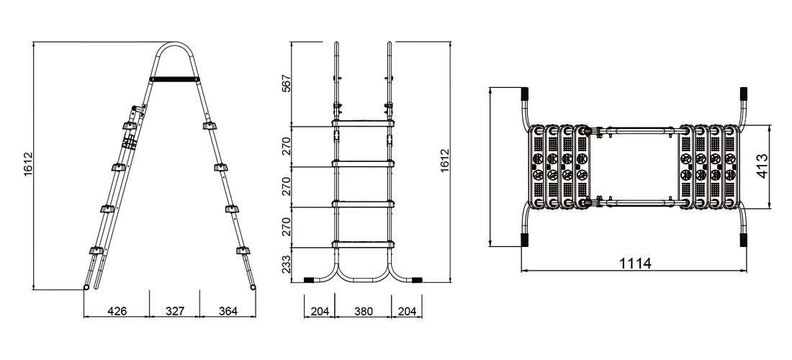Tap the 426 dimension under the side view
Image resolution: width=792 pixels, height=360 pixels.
click(117, 311)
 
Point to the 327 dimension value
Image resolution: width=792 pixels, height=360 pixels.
click(174, 311)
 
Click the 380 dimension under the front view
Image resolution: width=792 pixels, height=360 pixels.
click(364, 311)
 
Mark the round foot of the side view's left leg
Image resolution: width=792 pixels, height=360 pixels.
click(86, 288)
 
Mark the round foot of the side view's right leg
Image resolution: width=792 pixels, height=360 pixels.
click(253, 288)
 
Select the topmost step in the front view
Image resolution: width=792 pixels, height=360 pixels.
click(363, 124)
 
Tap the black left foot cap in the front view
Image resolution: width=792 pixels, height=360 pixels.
click(310, 279)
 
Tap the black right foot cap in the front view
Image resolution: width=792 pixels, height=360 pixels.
click(416, 279)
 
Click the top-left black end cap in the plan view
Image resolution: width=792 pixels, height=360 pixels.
click(525, 95)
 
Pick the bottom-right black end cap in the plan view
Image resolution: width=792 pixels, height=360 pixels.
click(743, 240)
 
